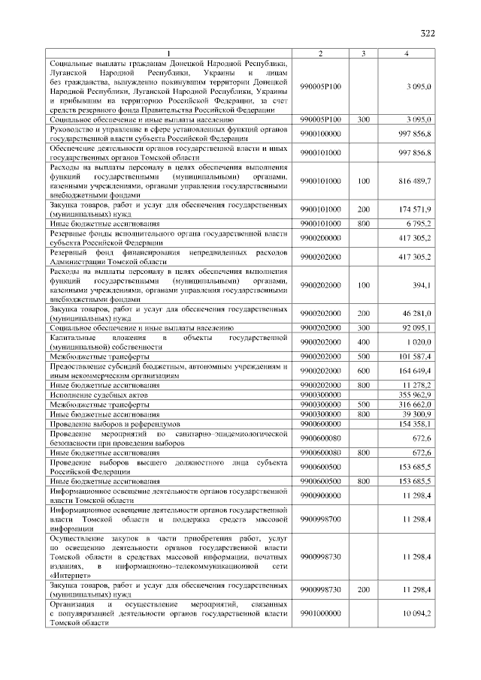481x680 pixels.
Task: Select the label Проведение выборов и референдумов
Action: (x=110, y=424)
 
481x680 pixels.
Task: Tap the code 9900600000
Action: (x=320, y=424)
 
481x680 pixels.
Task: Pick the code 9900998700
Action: (x=320, y=519)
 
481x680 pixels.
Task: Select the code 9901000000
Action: (x=320, y=613)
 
